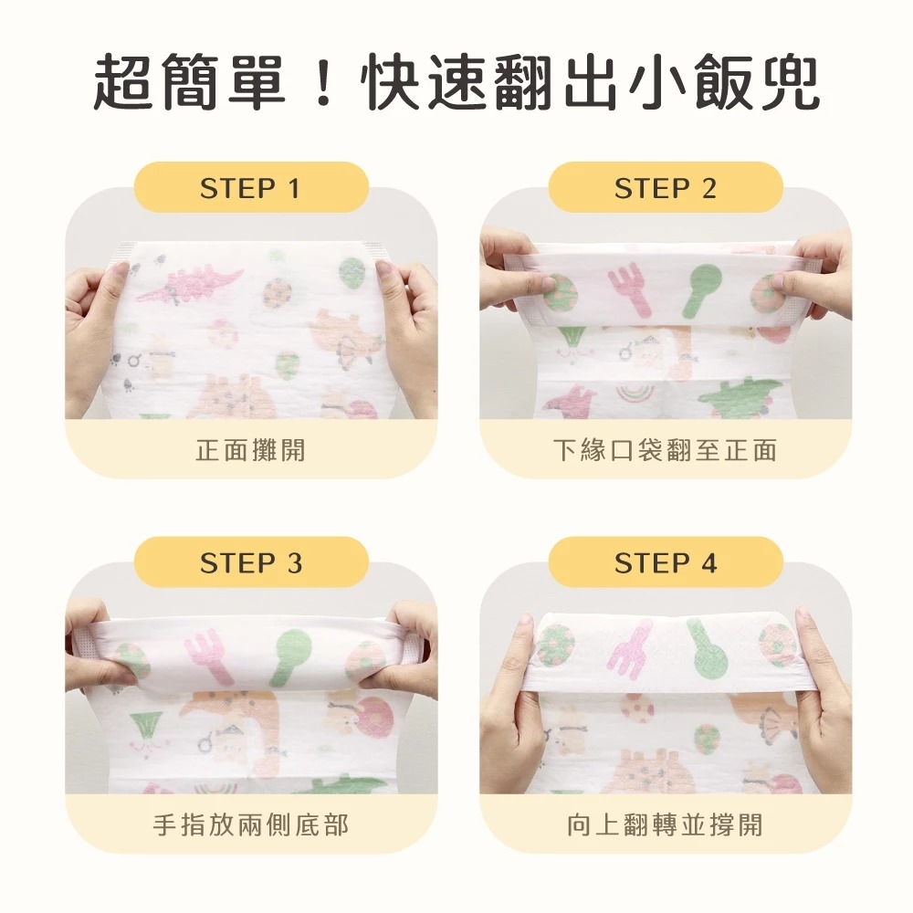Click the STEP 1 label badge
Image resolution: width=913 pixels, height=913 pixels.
(x=251, y=187)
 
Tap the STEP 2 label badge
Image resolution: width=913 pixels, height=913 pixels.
(x=666, y=187)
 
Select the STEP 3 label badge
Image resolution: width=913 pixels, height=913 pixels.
(x=251, y=561)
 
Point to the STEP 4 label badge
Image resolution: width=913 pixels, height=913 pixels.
(x=666, y=561)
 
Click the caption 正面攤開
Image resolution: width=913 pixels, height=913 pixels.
(x=251, y=450)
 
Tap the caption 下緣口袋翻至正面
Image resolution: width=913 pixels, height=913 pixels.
(x=666, y=450)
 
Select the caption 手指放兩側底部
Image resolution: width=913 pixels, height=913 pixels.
(x=251, y=825)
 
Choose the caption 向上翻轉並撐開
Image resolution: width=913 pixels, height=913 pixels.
(x=666, y=825)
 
